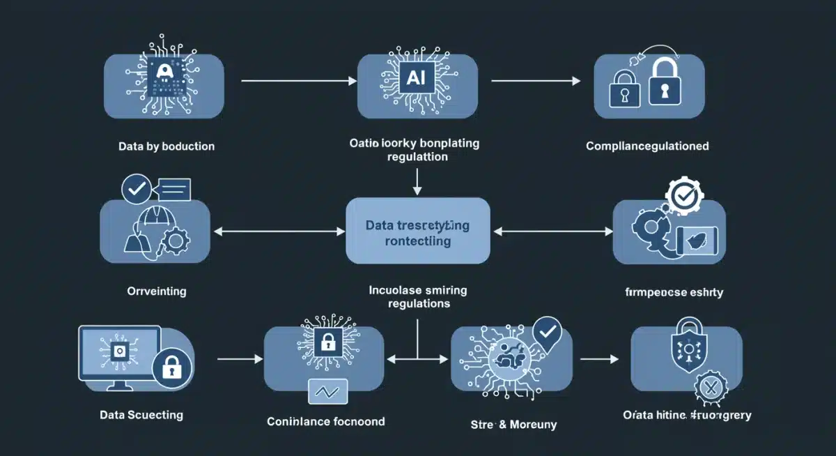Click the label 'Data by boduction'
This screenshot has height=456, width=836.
[x=167, y=146]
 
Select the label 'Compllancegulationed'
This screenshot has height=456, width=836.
[x=647, y=146]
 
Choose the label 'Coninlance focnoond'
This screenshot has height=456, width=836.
[x=325, y=421]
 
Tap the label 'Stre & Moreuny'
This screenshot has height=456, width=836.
[x=515, y=424]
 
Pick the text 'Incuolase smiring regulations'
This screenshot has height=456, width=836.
[x=417, y=296]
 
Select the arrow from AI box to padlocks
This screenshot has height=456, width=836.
[x=535, y=82]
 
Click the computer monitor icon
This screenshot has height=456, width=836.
[x=119, y=356]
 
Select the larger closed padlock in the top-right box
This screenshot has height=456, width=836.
[x=664, y=84]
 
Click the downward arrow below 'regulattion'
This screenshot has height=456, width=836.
[x=417, y=183]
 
